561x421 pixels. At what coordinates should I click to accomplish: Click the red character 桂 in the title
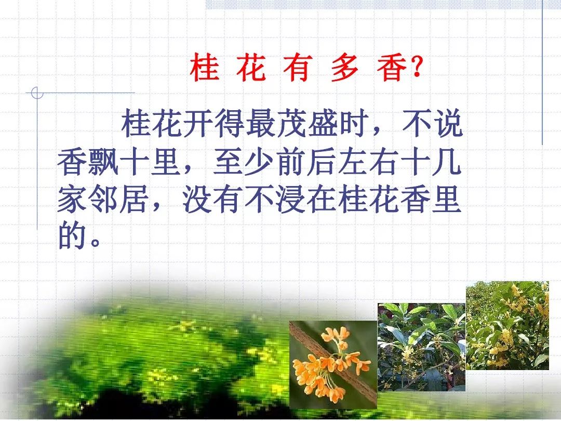click(x=204, y=67)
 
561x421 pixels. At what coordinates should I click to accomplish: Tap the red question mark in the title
click(x=417, y=67)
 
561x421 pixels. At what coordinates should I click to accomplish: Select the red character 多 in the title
click(x=344, y=67)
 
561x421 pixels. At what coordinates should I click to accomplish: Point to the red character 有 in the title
click(x=298, y=67)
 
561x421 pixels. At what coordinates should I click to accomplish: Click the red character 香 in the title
click(x=392, y=67)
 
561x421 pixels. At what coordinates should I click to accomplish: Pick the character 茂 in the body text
click(x=291, y=124)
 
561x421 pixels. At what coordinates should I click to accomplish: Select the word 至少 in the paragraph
click(x=244, y=162)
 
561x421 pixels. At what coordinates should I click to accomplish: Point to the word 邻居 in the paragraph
click(x=119, y=199)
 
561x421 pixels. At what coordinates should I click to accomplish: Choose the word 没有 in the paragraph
click(x=213, y=199)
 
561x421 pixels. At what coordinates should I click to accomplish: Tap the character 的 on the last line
click(x=73, y=236)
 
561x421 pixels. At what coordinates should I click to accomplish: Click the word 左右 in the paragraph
click(x=368, y=162)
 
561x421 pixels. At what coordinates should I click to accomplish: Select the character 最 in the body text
click(x=260, y=124)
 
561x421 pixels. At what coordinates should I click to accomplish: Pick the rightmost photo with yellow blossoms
click(x=507, y=325)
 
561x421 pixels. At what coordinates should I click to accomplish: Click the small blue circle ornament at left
click(x=37, y=93)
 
